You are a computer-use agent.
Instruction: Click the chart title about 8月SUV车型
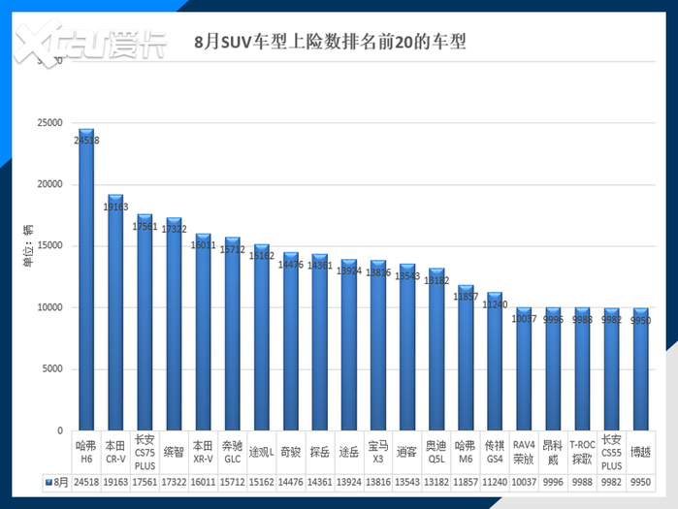click(x=329, y=43)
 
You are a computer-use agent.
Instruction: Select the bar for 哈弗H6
click(x=86, y=281)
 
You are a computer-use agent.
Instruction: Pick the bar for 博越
click(x=642, y=369)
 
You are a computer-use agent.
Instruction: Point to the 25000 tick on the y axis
click(x=48, y=123)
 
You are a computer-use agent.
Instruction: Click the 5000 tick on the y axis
click(x=51, y=368)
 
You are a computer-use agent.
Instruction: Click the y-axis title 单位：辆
click(x=29, y=245)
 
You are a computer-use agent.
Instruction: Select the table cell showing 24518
click(x=86, y=480)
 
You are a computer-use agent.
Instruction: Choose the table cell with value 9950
click(x=641, y=480)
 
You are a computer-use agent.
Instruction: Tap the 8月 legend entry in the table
click(x=55, y=480)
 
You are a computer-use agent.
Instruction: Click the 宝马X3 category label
click(x=377, y=452)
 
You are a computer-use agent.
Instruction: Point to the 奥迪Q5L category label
click(x=437, y=452)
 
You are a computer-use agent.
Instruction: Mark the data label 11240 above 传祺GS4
click(x=495, y=303)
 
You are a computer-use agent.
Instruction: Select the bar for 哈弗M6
click(x=466, y=359)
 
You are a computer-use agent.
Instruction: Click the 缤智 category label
click(x=174, y=452)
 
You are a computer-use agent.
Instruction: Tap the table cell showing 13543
click(x=407, y=480)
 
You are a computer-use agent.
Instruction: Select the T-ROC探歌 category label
click(x=582, y=452)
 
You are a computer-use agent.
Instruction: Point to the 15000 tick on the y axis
click(x=48, y=245)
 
